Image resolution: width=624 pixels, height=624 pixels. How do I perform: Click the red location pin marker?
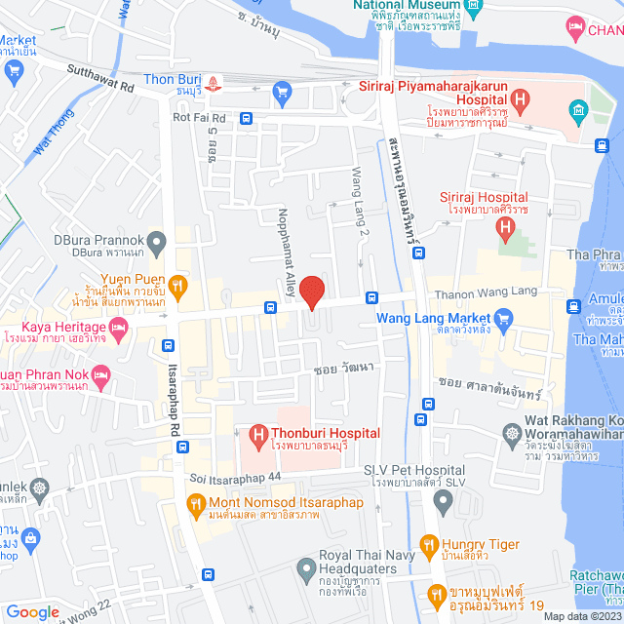[311, 291]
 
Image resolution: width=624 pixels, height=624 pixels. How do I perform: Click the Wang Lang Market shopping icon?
[503, 318]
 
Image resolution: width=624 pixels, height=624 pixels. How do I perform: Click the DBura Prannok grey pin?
[157, 240]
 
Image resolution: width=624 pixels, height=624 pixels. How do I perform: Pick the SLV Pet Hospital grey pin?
[443, 503]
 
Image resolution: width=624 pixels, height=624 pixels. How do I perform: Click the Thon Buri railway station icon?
[221, 81]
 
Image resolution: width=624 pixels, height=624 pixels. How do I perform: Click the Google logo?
[32, 611]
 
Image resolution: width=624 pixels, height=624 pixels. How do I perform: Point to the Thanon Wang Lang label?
[497, 291]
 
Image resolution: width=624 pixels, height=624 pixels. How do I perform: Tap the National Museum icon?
[474, 8]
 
